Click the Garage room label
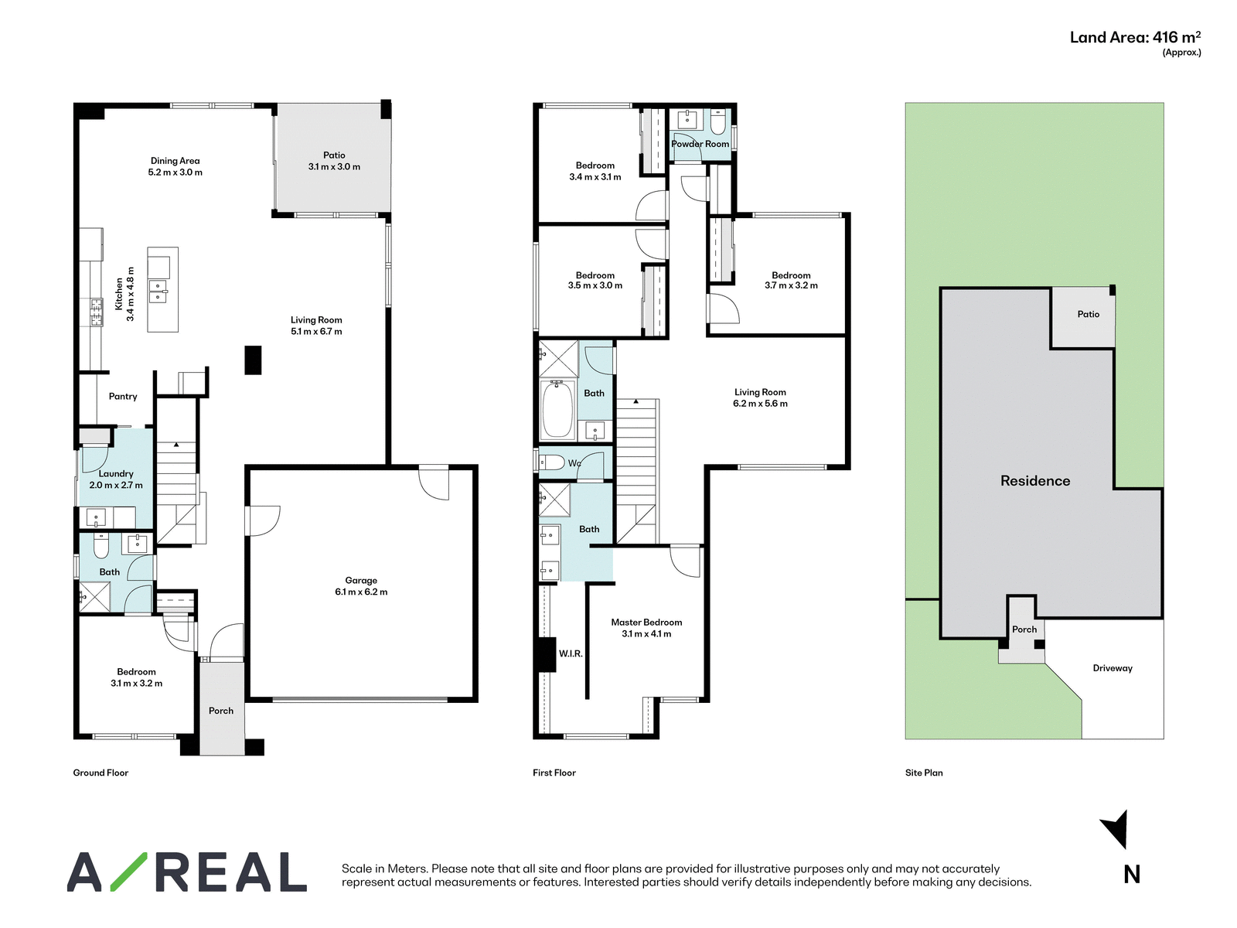361,580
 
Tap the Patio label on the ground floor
334,155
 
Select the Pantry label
123,396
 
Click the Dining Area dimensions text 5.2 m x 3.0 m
175,172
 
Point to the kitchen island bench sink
157,291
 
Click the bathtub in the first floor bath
556,410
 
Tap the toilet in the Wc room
552,462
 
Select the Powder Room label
700,144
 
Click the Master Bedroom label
646,622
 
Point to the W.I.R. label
571,653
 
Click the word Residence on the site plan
1034,480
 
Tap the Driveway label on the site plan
1112,668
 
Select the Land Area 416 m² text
1135,37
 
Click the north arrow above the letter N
1115,829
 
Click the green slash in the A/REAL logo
128,872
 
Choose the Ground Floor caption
101,773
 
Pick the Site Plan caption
924,773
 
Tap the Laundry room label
115,474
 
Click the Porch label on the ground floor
221,711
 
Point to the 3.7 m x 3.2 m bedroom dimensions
791,285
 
